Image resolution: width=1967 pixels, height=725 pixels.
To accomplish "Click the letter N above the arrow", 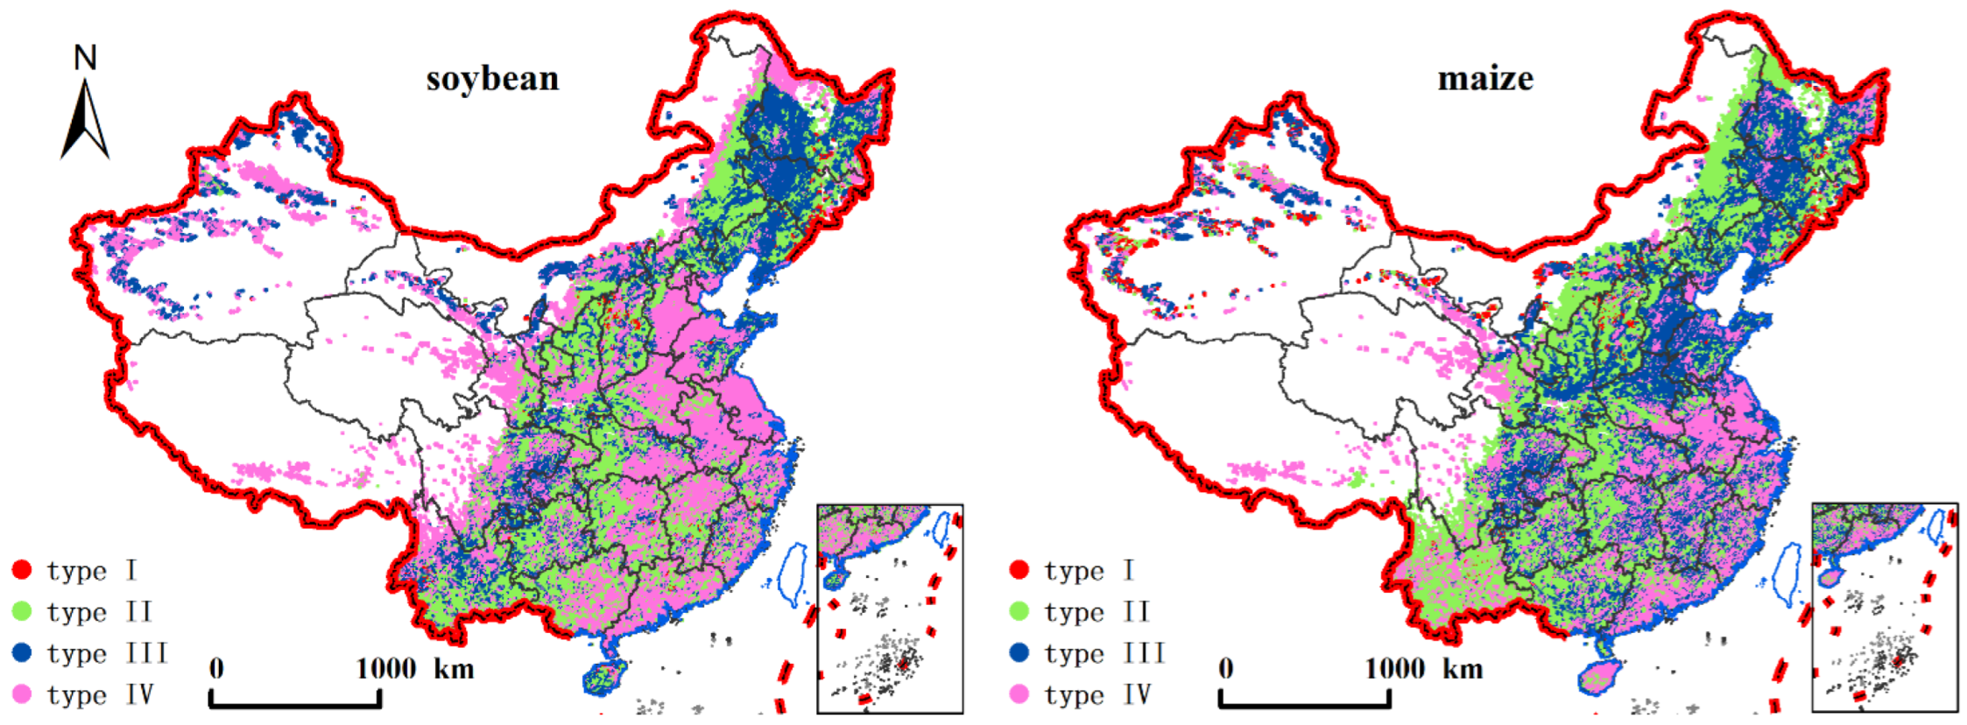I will pos(85,59).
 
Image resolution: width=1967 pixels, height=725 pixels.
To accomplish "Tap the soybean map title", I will pos(492,80).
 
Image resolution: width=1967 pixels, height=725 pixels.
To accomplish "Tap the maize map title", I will pos(1485,80).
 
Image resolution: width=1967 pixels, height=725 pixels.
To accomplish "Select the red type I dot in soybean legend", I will pos(22,570).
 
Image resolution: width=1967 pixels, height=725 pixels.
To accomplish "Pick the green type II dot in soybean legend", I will pos(22,611).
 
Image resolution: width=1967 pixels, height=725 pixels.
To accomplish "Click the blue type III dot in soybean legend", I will pos(22,652).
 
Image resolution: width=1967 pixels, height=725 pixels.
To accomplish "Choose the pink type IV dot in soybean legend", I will pos(22,694).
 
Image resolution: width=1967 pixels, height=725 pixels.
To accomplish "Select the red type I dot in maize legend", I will pos(1019,570).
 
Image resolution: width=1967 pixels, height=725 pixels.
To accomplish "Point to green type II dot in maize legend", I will pos(1019,611).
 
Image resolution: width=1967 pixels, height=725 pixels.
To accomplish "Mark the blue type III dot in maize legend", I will pos(1019,652).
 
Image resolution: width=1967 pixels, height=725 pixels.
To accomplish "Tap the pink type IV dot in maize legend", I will pos(1019,694).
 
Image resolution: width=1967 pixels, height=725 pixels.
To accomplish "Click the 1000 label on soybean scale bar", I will pos(385,669).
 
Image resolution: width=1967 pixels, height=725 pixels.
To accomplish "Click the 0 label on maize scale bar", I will pos(1226,669).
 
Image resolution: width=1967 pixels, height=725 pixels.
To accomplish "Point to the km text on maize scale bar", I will pos(1463,670).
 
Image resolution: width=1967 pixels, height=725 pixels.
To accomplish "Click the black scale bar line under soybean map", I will pos(295,704).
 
